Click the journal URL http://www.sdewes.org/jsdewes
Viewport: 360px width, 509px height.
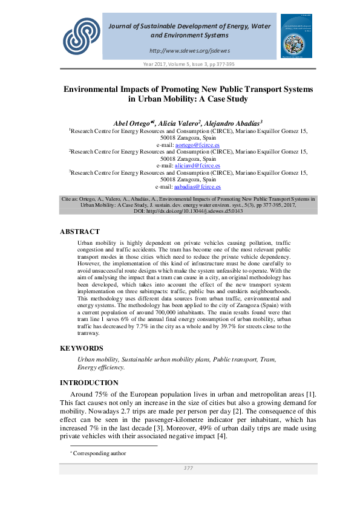[x=189, y=50]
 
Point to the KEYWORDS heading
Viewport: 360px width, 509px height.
[x=82, y=348]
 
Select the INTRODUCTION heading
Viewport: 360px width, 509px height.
[x=89, y=383]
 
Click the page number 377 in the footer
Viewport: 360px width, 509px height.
[x=188, y=468]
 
